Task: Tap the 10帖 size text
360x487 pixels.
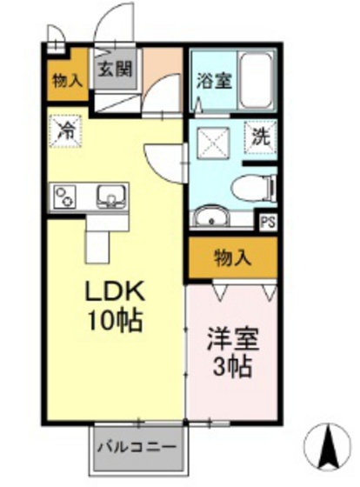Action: click(x=111, y=320)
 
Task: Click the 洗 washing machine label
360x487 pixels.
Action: click(x=259, y=136)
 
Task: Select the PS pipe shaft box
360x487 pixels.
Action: click(x=267, y=221)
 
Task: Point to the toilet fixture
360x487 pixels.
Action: click(x=252, y=185)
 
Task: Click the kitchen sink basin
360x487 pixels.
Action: click(x=110, y=195)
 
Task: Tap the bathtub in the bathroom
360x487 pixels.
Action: click(x=257, y=80)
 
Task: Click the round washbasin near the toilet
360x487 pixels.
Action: click(x=209, y=217)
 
